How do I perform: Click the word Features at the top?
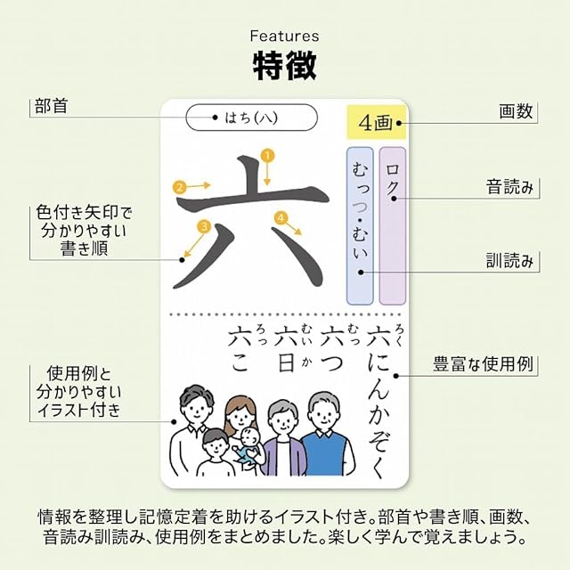[x=284, y=37]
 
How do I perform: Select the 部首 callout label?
[x=52, y=106]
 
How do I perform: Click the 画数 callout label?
[x=516, y=112]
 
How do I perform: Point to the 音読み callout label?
[x=509, y=187]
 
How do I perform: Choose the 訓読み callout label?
[x=509, y=261]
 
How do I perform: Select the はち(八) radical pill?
[x=252, y=118]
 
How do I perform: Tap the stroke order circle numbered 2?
[x=180, y=187]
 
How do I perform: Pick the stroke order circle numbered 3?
[x=204, y=226]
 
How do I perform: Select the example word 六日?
[x=288, y=349]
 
